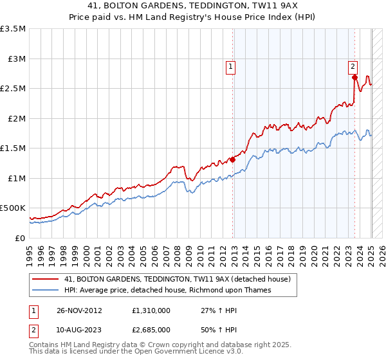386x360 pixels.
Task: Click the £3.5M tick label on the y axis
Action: coord(13,29)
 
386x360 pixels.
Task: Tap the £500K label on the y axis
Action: coord(13,208)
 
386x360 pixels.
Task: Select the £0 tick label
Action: coord(21,238)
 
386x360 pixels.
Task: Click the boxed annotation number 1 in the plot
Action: coord(230,66)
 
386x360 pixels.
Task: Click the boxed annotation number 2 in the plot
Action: coord(353,66)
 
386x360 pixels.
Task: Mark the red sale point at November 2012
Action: coord(233,160)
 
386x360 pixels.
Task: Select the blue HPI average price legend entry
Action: coord(168,290)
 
